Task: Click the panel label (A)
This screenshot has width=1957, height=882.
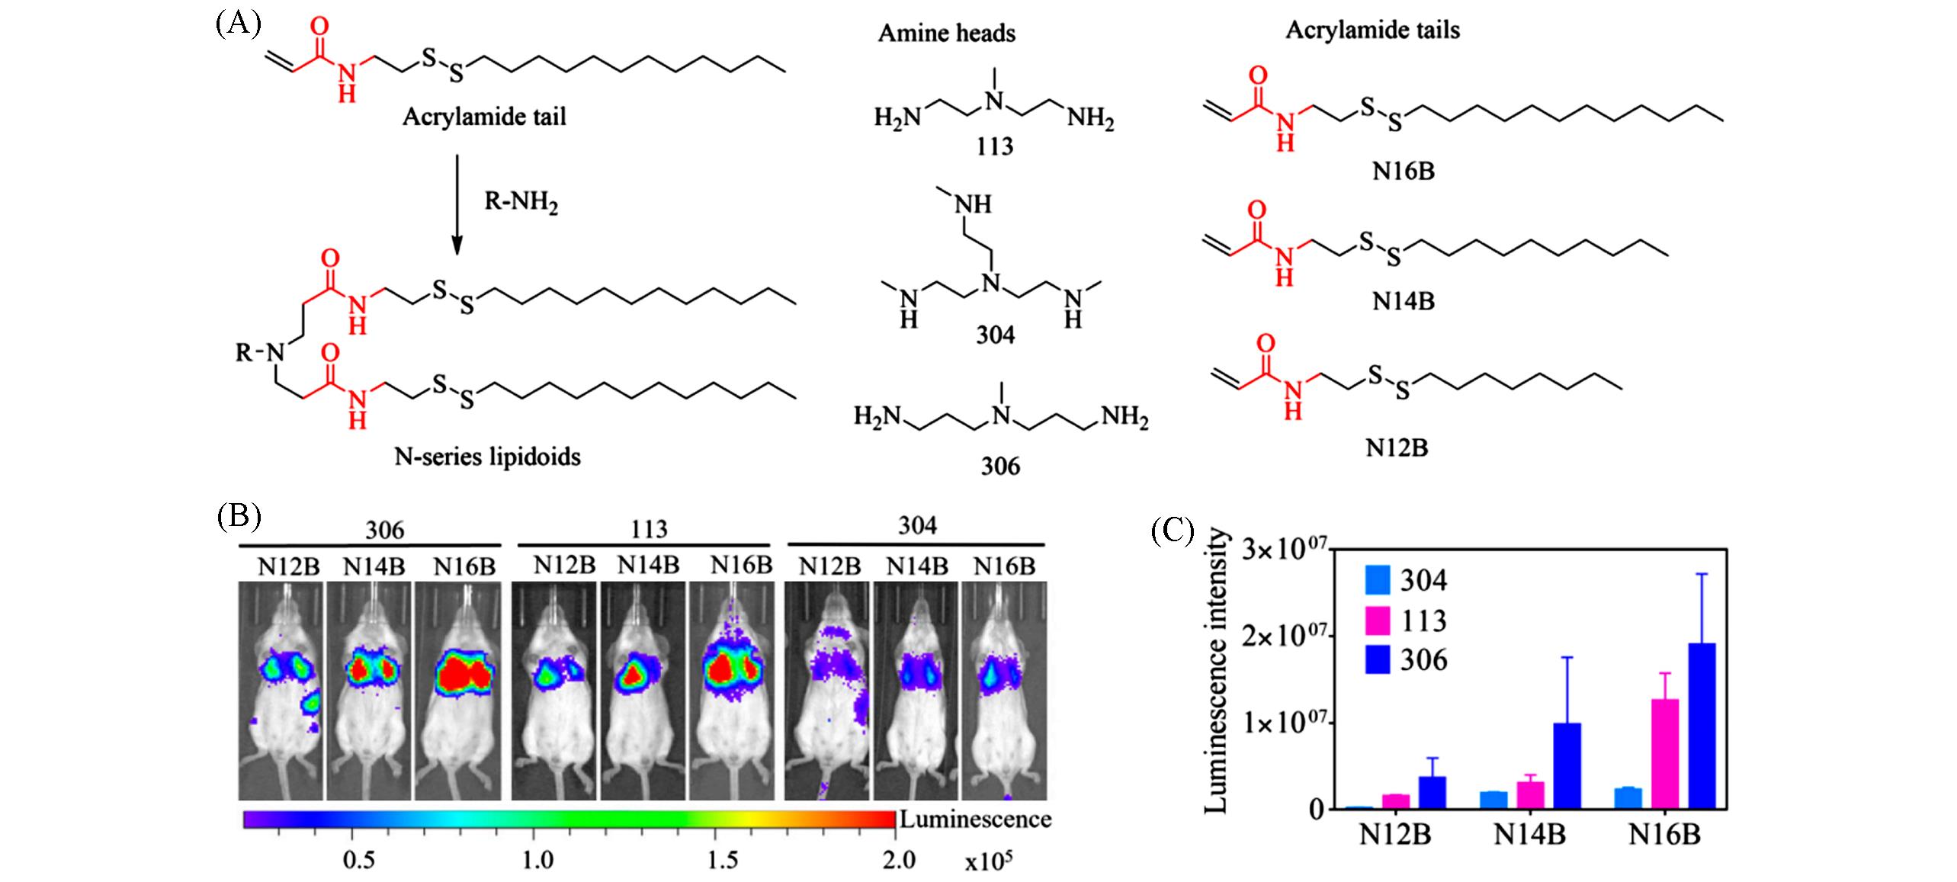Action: click(x=237, y=24)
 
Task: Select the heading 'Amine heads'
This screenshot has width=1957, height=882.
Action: click(x=946, y=33)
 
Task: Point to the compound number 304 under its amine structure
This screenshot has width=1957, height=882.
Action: click(x=995, y=335)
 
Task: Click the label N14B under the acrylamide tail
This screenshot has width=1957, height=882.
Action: click(x=1403, y=302)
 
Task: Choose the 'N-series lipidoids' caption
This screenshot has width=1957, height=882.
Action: click(x=487, y=457)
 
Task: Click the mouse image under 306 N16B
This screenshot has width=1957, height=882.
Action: click(x=457, y=690)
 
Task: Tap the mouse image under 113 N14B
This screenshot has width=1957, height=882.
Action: click(x=643, y=690)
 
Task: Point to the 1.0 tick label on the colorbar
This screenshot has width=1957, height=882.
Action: click(x=538, y=861)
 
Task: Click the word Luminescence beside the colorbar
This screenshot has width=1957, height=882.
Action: click(x=975, y=819)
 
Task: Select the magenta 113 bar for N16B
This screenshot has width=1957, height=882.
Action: click(x=1666, y=754)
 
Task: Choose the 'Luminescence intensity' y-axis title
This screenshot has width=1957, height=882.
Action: click(x=1218, y=672)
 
